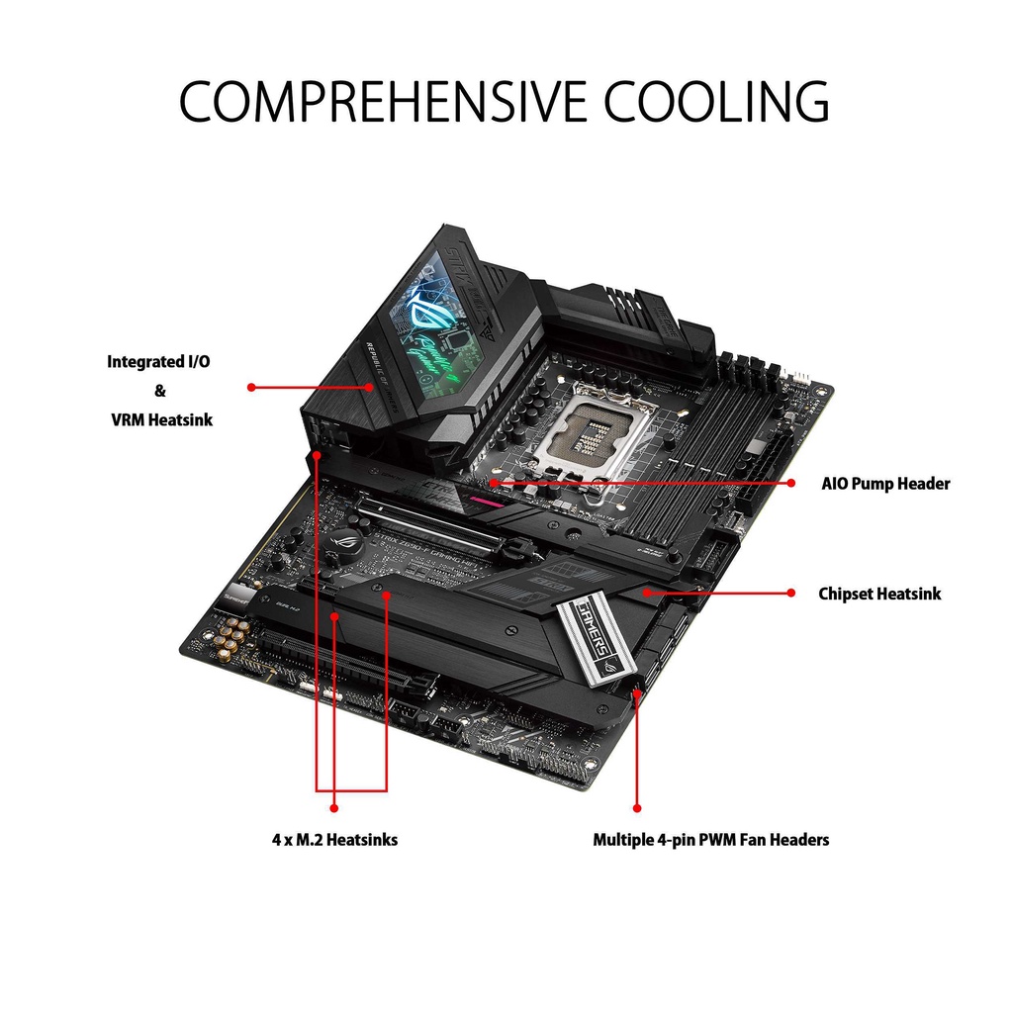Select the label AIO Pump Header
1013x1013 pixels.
pos(885,484)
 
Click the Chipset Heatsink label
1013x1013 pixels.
pos(879,594)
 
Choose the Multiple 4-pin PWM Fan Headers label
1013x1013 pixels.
pos(710,839)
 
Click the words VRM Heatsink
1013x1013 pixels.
pos(161,419)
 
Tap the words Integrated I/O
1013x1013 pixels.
pos(158,362)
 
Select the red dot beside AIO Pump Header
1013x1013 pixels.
pos(791,483)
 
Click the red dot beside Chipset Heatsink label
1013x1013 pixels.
pos(791,593)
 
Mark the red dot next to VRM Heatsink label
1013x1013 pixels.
pos(251,387)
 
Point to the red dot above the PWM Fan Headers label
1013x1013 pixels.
pos(636,808)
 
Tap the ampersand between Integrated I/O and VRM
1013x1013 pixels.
pos(159,391)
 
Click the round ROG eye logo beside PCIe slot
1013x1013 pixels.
pos(346,540)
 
